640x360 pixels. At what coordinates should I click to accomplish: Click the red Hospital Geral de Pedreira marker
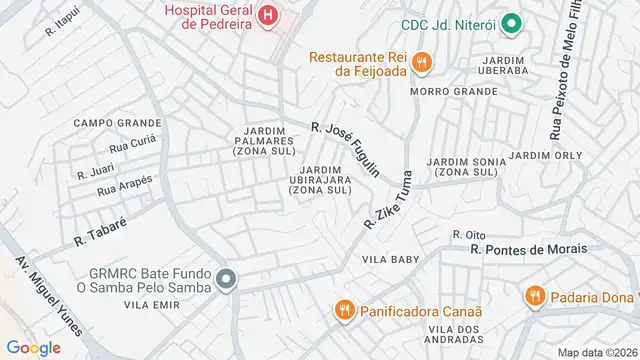268,15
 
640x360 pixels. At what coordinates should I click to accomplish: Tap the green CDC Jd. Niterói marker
511,23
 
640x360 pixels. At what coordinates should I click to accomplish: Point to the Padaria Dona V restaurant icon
535,296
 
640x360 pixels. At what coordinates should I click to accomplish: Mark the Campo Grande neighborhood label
117,123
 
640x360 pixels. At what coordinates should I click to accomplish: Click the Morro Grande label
441,91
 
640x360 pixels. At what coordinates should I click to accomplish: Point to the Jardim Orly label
545,155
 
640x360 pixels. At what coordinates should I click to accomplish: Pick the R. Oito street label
469,234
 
